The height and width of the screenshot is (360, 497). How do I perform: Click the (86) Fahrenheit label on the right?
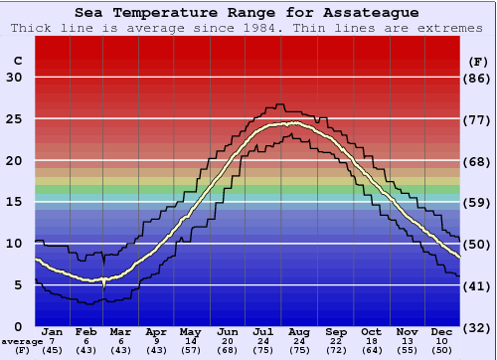point(478,78)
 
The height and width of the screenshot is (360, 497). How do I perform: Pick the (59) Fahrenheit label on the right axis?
point(478,203)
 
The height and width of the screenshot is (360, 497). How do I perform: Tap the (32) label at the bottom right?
point(478,327)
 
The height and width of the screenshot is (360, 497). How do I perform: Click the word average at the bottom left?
point(22,340)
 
